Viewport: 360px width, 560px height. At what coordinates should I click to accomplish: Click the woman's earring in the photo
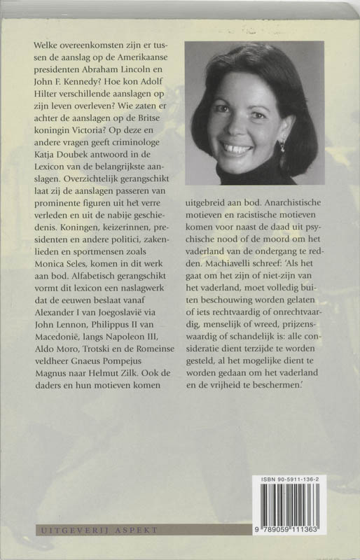[x=283, y=146]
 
